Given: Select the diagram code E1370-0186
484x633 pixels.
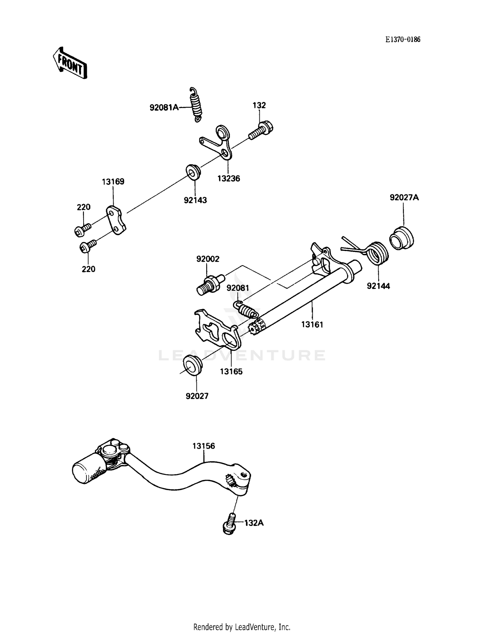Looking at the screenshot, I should pos(403,40).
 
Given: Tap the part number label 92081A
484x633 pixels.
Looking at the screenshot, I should pos(164,107).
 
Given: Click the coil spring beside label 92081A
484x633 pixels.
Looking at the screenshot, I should pos(196,105).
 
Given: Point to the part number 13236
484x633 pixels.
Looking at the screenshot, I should pos(228,178).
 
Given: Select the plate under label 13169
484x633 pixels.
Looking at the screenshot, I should pos(116,220).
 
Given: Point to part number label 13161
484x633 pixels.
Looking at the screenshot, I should pos(312,325).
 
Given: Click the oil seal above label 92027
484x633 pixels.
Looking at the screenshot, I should pos(192,365).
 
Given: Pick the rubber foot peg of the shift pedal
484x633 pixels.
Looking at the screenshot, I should pos(89,467).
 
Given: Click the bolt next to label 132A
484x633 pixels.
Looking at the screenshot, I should pos(229,524).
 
